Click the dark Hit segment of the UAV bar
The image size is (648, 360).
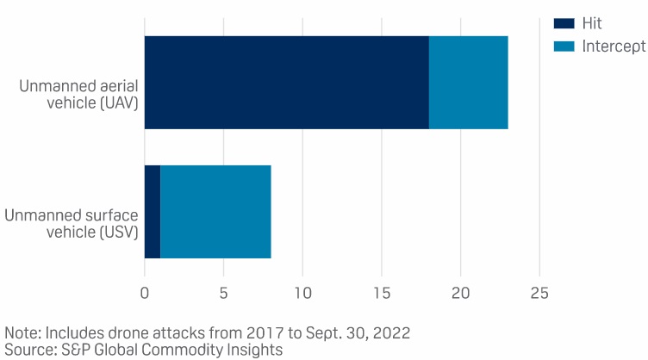pos(286,83)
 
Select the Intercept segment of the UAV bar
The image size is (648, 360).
pos(468,83)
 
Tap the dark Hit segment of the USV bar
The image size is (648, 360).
pos(153,211)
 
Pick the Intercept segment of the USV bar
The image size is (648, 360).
pos(215,211)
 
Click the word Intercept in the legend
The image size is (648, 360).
pos(613,46)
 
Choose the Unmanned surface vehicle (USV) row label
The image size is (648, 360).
pos(71,223)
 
